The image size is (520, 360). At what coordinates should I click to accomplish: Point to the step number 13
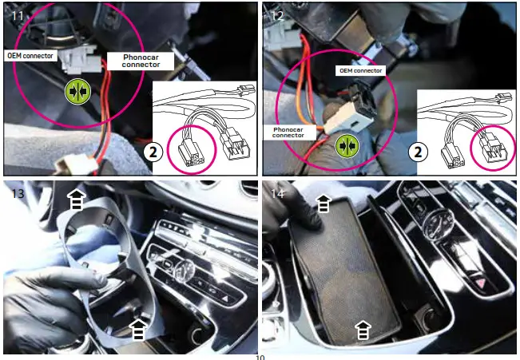coord(15,192)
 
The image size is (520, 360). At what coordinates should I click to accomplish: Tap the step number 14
coord(276,192)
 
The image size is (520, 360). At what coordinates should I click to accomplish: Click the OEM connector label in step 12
coord(359,70)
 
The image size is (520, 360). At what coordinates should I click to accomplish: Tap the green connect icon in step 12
coord(347,145)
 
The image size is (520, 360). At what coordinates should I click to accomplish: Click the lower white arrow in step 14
coord(363,327)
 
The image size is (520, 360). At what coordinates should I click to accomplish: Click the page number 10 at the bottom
coord(260,357)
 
